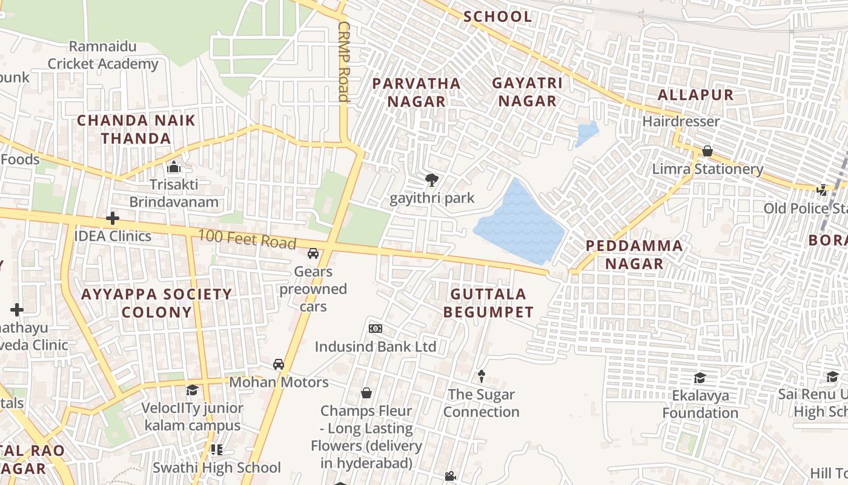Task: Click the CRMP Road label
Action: pyautogui.click(x=344, y=62)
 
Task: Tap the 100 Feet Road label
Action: pyautogui.click(x=247, y=239)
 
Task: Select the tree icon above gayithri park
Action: pyautogui.click(x=432, y=179)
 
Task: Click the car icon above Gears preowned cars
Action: pyautogui.click(x=313, y=253)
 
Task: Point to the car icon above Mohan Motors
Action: pyautogui.click(x=279, y=364)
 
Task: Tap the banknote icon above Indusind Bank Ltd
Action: pyautogui.click(x=376, y=329)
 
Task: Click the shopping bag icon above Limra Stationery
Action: pyautogui.click(x=707, y=150)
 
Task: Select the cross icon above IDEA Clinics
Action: pyautogui.click(x=113, y=218)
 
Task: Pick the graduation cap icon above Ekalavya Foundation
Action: pyautogui.click(x=700, y=377)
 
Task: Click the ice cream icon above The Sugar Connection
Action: pyautogui.click(x=482, y=376)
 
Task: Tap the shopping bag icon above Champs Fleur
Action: pyautogui.click(x=366, y=393)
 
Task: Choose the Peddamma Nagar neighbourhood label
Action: pyautogui.click(x=634, y=255)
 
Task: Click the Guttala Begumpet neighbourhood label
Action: pyautogui.click(x=488, y=303)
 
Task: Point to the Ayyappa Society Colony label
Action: pyautogui.click(x=157, y=303)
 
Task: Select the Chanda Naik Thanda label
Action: pyautogui.click(x=136, y=129)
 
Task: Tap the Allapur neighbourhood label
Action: pyautogui.click(x=695, y=95)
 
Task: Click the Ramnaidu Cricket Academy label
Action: pyautogui.click(x=103, y=55)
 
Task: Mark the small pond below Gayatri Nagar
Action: pyautogui.click(x=586, y=133)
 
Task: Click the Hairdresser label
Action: pyautogui.click(x=681, y=121)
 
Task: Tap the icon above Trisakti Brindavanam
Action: pyautogui.click(x=174, y=166)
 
